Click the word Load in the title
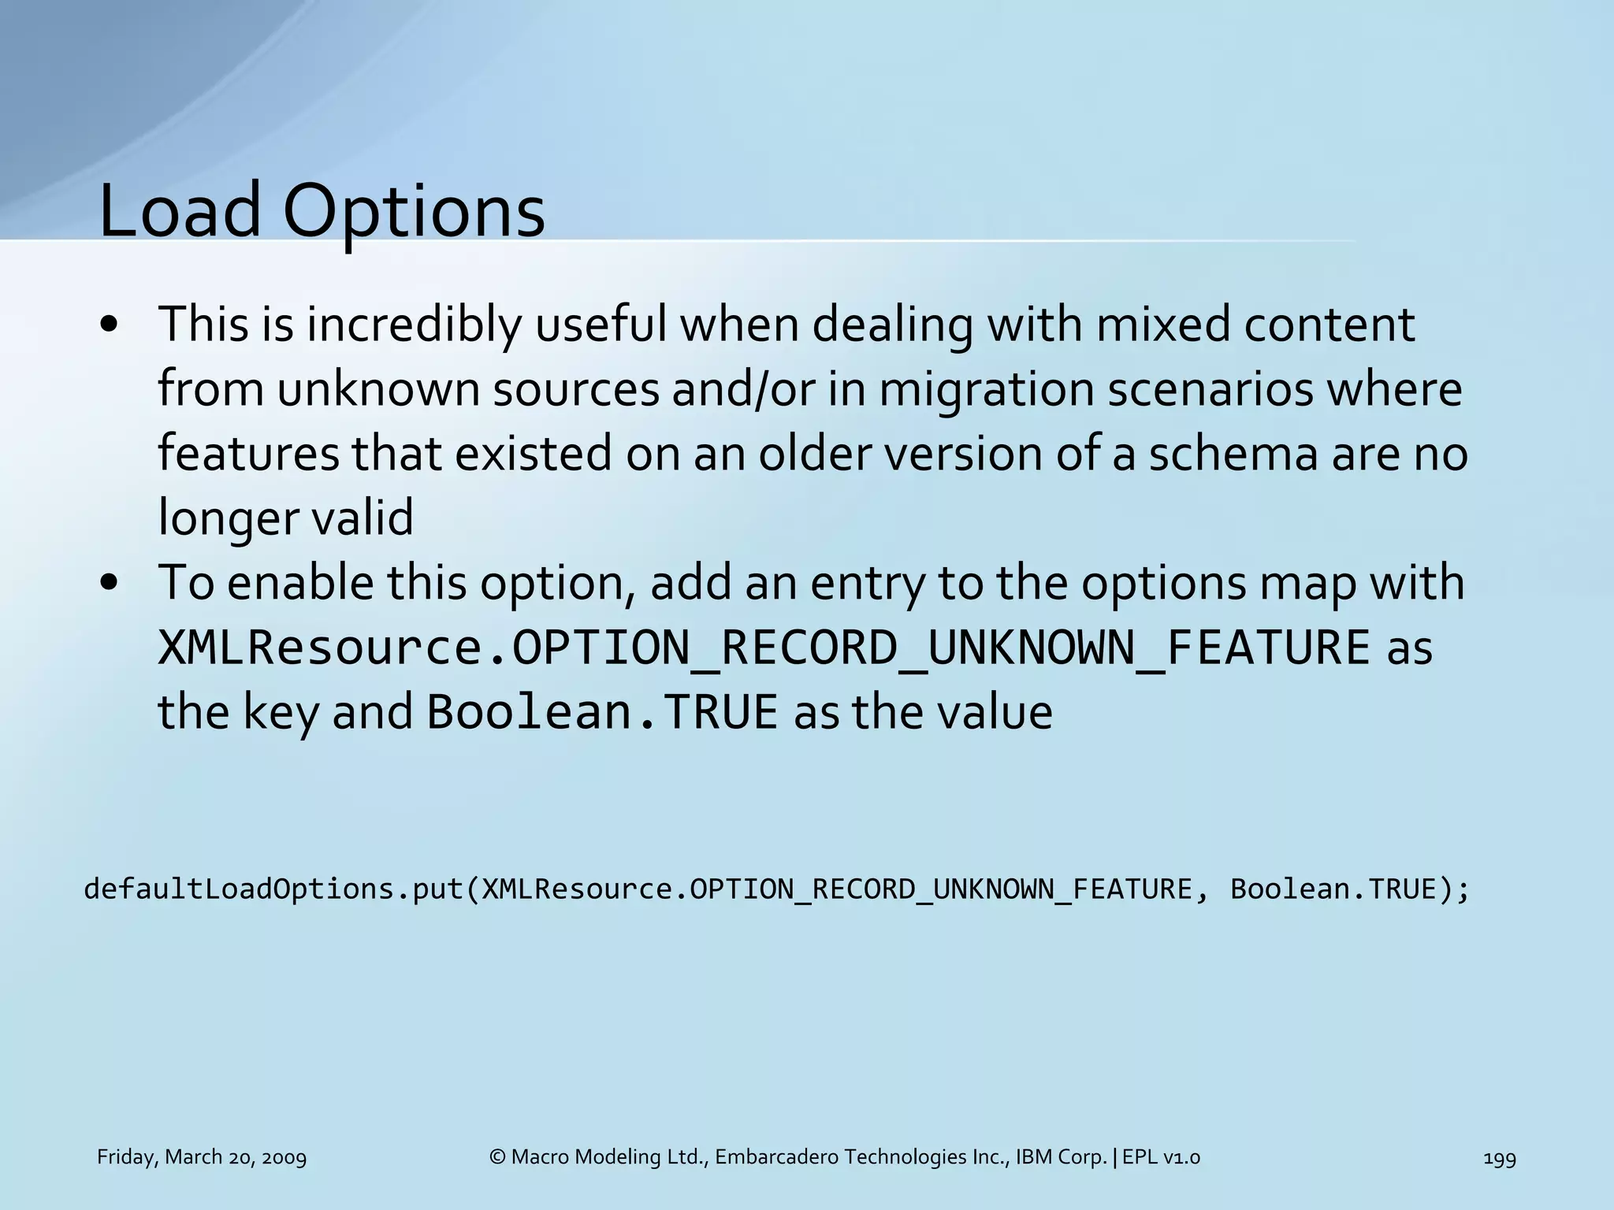click(179, 211)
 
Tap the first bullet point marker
click(110, 325)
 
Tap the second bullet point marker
click(110, 584)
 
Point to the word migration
click(986, 390)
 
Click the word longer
click(228, 519)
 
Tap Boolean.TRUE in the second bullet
click(602, 712)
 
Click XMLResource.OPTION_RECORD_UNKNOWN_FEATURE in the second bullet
click(764, 648)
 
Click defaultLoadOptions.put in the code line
click(273, 889)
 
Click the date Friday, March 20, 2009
click(202, 1157)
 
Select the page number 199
click(1499, 1158)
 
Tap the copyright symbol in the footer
click(496, 1157)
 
